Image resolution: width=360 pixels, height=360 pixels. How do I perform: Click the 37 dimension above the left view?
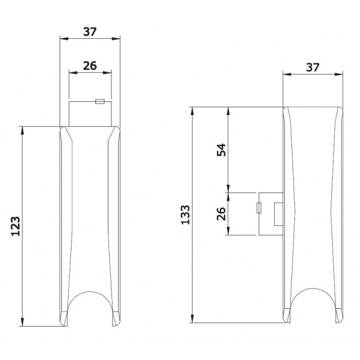pyautogui.click(x=90, y=32)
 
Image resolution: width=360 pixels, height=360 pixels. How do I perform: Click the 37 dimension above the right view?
pyautogui.click(x=312, y=67)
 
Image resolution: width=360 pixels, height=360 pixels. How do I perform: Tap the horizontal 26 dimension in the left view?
pyautogui.click(x=90, y=66)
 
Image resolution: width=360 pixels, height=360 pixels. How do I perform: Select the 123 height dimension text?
pyautogui.click(x=15, y=226)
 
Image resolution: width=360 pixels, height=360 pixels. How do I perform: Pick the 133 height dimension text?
pyautogui.click(x=185, y=215)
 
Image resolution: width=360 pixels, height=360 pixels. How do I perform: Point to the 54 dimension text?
pyautogui.click(x=221, y=150)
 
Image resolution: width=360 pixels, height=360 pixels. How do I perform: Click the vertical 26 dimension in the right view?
pyautogui.click(x=221, y=214)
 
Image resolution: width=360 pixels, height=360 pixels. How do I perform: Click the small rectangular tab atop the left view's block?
pyautogui.click(x=100, y=101)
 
